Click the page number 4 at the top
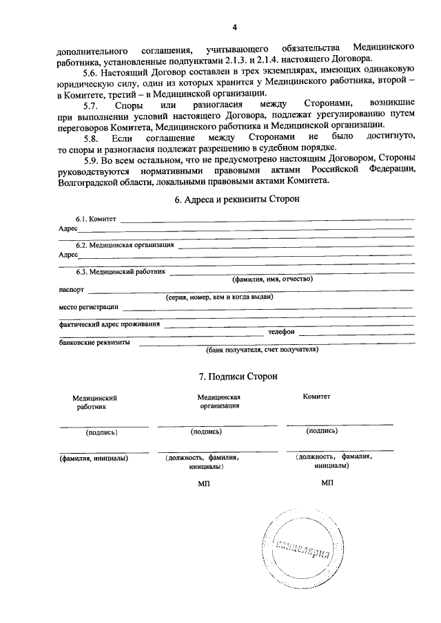234,28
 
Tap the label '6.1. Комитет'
96,219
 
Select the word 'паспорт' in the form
72,290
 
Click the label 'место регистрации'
89,306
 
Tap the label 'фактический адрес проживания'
110,324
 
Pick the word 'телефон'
282,332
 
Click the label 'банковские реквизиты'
95,341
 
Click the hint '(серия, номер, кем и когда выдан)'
220,297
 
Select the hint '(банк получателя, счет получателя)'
262,349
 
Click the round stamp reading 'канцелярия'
301,548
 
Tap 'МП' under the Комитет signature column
327,483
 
